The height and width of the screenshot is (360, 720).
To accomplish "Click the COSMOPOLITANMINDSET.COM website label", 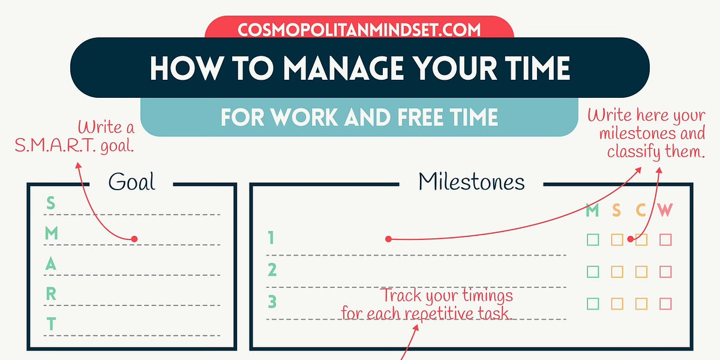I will point(359,29).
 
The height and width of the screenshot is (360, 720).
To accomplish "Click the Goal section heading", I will point(131,182).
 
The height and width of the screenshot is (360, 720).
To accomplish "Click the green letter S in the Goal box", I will point(50,203).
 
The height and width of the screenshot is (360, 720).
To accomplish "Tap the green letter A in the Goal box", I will point(51,264).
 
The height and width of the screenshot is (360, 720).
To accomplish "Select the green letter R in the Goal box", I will point(51,294).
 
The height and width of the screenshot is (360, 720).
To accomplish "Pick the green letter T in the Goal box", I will point(51,325).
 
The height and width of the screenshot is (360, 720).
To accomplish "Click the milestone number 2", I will point(272,271).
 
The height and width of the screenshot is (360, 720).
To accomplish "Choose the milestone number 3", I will point(272,301).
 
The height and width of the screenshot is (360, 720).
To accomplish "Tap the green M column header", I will point(592,211).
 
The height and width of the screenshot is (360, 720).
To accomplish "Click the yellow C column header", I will point(641,211).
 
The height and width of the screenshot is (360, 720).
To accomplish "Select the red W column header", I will point(665,211).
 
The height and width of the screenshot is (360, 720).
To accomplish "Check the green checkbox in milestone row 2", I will point(593,272).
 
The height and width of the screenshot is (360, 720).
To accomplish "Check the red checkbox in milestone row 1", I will point(665,240).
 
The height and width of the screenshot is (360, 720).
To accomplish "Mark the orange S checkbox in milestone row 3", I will point(617,304).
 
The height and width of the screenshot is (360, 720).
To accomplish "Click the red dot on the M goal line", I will point(134,239).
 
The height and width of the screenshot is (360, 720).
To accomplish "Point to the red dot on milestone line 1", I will point(388,239).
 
